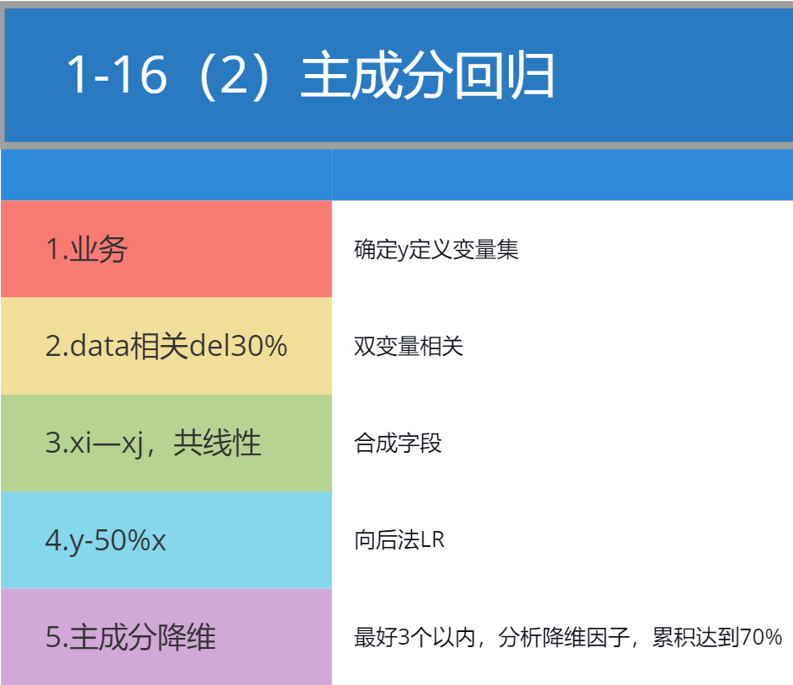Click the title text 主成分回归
coord(427,76)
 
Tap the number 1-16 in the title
coord(117,76)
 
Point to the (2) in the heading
coord(234,77)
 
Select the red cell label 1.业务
coord(87,249)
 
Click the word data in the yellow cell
coord(99,346)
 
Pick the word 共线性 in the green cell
coord(217,443)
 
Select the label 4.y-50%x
coord(105,541)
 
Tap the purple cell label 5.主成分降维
coord(130,637)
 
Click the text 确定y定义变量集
coord(436,249)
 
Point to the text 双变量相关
coord(408,347)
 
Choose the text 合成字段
coord(398,443)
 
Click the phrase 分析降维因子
coord(564,637)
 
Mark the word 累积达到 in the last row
coord(695,637)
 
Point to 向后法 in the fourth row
coord(387,539)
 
